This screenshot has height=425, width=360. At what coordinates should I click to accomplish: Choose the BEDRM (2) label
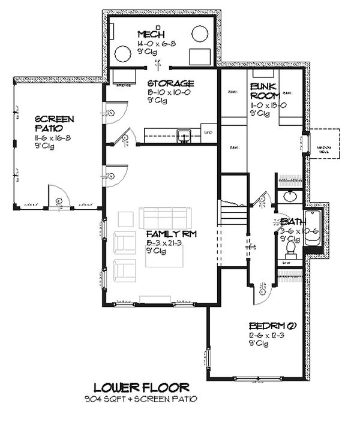click(x=272, y=326)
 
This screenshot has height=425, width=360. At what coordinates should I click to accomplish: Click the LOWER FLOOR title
click(x=142, y=387)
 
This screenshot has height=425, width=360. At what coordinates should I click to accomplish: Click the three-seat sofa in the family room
click(x=165, y=216)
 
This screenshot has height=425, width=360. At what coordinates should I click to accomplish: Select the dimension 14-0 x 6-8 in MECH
click(x=153, y=44)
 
